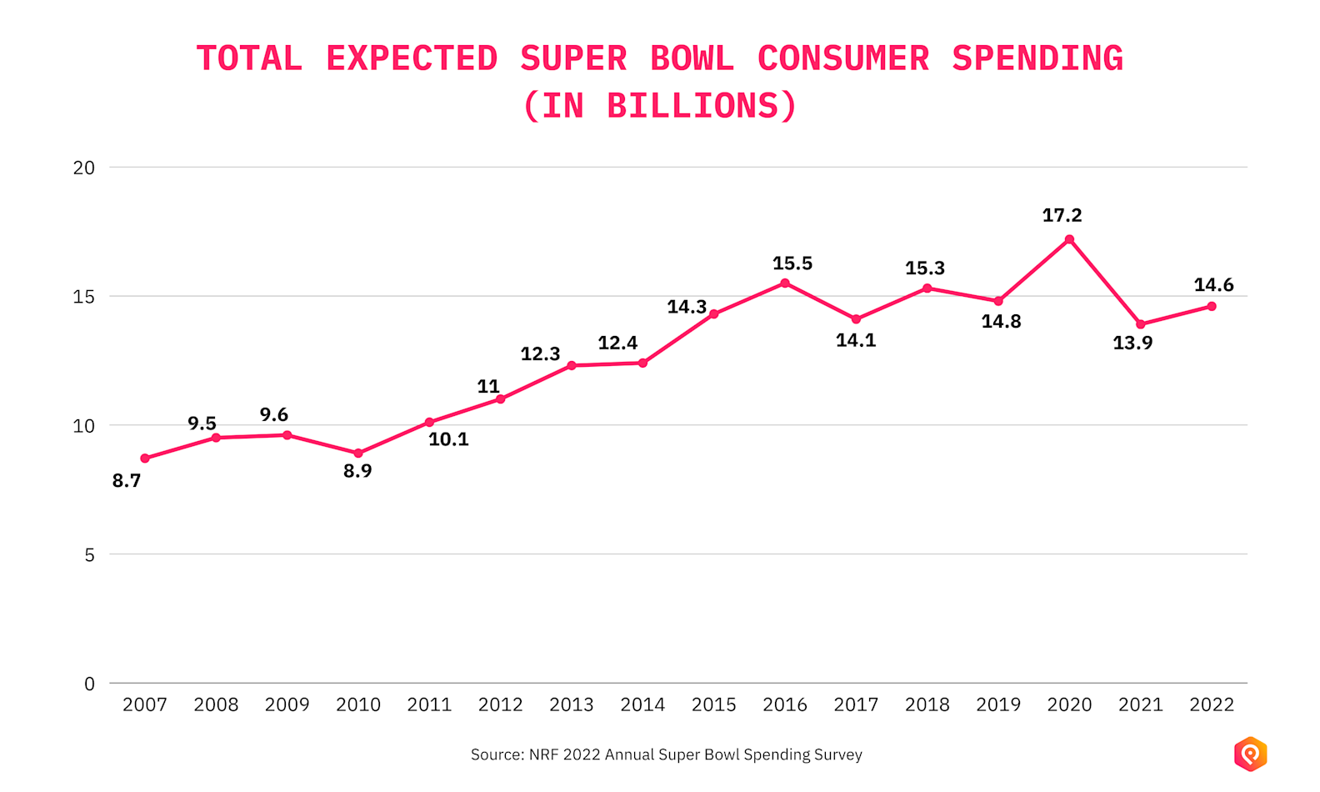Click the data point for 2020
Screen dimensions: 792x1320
tap(1069, 239)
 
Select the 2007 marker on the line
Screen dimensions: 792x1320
tap(145, 459)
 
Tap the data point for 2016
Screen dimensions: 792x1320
tap(785, 283)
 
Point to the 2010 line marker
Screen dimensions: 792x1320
tap(358, 454)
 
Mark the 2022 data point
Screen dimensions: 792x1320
tap(1212, 306)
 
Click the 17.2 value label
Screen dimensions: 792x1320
tap(1062, 215)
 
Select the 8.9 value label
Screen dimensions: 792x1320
tap(357, 471)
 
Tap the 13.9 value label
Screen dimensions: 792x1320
tap(1132, 343)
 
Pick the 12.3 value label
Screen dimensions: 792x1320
tap(540, 354)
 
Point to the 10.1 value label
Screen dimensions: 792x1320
tap(448, 439)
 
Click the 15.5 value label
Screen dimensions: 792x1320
tap(792, 263)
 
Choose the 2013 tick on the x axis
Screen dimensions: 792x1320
tap(572, 705)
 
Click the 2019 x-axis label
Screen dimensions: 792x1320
tap(998, 705)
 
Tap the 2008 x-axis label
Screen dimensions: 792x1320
tap(216, 705)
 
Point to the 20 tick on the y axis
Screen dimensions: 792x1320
tap(84, 168)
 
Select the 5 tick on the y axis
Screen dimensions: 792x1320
tap(89, 555)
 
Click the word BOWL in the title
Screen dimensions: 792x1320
tap(692, 59)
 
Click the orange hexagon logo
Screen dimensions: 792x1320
tap(1250, 754)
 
